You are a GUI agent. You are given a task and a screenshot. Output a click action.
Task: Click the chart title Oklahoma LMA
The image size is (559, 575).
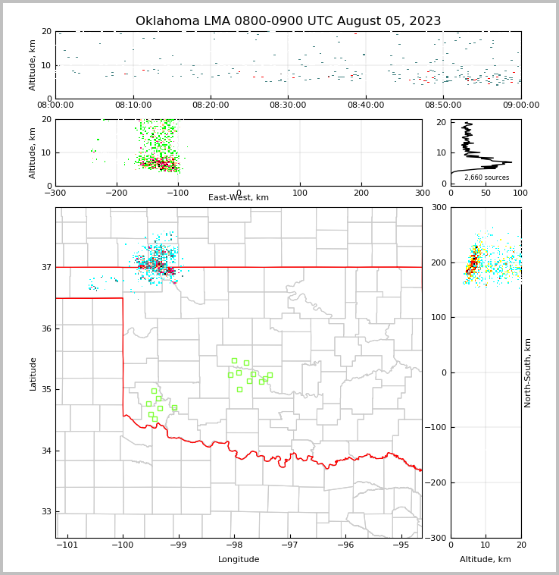(288, 21)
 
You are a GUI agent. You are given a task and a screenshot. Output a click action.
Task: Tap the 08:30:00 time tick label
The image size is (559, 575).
(288, 105)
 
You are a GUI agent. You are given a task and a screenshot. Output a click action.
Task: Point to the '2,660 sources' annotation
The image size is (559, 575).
(486, 178)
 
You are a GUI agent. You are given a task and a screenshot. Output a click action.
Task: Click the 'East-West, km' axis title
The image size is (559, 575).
(239, 198)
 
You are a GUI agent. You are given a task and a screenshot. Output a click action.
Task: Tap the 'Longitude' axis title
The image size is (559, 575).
(239, 560)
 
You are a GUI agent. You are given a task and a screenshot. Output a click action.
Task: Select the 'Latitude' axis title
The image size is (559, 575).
(33, 373)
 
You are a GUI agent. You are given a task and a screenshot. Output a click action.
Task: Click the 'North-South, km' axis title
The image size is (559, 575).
(528, 372)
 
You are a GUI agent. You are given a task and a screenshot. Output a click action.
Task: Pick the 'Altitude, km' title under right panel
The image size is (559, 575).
(486, 560)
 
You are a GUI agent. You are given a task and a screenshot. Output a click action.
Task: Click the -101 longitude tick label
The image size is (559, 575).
(67, 545)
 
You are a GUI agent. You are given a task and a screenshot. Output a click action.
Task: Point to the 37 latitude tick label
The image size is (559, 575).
(45, 267)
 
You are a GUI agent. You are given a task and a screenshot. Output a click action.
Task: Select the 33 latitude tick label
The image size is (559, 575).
(45, 512)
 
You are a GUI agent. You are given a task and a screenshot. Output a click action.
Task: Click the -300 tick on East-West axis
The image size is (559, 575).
(55, 193)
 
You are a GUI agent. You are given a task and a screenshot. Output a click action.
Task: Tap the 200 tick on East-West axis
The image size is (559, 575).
(361, 193)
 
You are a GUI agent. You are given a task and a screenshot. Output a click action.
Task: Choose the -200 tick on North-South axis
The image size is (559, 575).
(438, 482)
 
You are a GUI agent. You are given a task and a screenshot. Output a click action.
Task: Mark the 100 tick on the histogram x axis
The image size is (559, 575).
(520, 193)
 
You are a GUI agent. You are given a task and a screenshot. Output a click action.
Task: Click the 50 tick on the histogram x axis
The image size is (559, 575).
(486, 193)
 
